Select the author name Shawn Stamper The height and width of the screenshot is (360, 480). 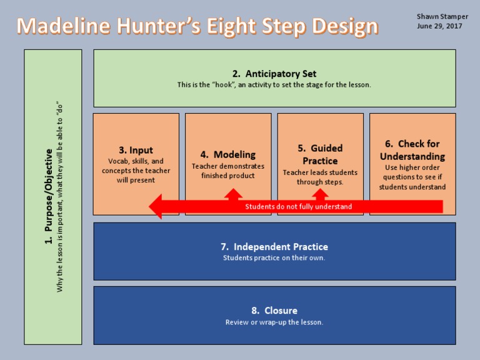442,16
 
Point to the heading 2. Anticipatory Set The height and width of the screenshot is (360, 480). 274,74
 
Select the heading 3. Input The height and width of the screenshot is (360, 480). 136,150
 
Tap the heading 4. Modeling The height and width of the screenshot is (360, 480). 227,154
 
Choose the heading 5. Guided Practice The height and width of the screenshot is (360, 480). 320,154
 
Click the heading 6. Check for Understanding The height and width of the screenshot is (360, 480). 412,150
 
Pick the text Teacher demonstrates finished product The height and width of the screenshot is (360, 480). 227,171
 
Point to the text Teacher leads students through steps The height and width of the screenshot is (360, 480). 320,177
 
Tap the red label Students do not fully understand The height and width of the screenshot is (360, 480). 298,206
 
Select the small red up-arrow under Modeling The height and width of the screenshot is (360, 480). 233,194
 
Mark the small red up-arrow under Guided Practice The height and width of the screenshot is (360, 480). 325,194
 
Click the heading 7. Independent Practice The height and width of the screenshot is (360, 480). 274,247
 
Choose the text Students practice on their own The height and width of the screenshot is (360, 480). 274,258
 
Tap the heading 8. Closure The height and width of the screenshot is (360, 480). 274,311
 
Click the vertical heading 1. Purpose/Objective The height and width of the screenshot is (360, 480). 48,196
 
